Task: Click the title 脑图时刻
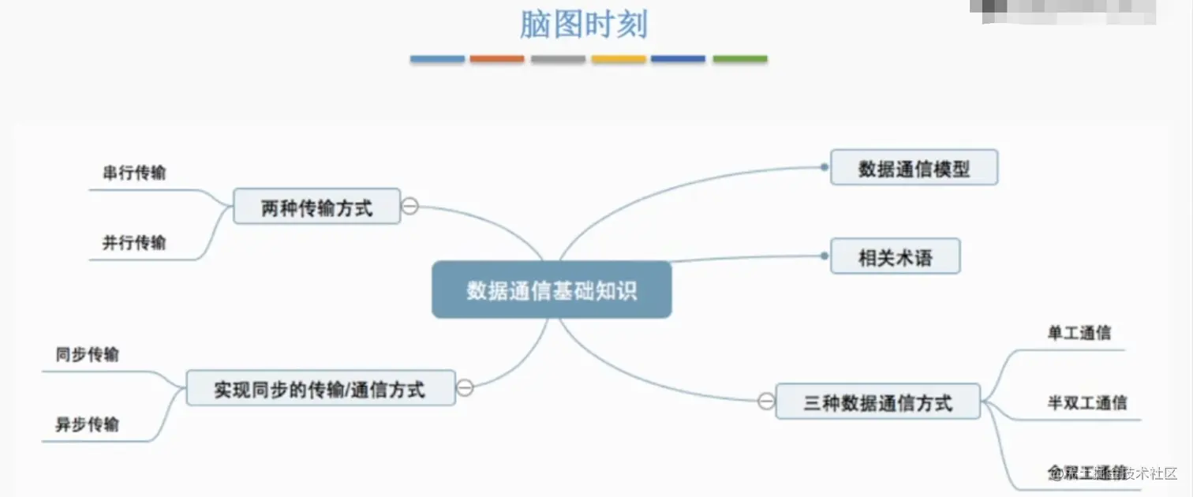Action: tap(583, 24)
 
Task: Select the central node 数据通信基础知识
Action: tap(552, 290)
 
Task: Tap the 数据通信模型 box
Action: tap(914, 168)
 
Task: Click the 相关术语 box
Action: tap(895, 256)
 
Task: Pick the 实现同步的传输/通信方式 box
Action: tap(320, 388)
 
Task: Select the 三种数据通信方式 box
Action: tap(877, 402)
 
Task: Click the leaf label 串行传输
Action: tap(134, 173)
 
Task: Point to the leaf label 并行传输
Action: tap(134, 242)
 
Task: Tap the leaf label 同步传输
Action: tap(88, 354)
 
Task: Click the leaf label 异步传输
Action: tap(88, 424)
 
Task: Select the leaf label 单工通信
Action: tap(1079, 333)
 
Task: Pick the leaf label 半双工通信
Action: tap(1086, 402)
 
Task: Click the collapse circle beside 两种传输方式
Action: tap(410, 207)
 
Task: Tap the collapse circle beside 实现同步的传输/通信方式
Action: tap(466, 387)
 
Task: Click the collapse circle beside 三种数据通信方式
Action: tap(766, 402)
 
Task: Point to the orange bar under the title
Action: tap(497, 59)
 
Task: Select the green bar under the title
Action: tap(740, 59)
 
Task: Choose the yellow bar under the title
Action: tap(619, 59)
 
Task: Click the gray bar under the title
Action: tap(558, 59)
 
